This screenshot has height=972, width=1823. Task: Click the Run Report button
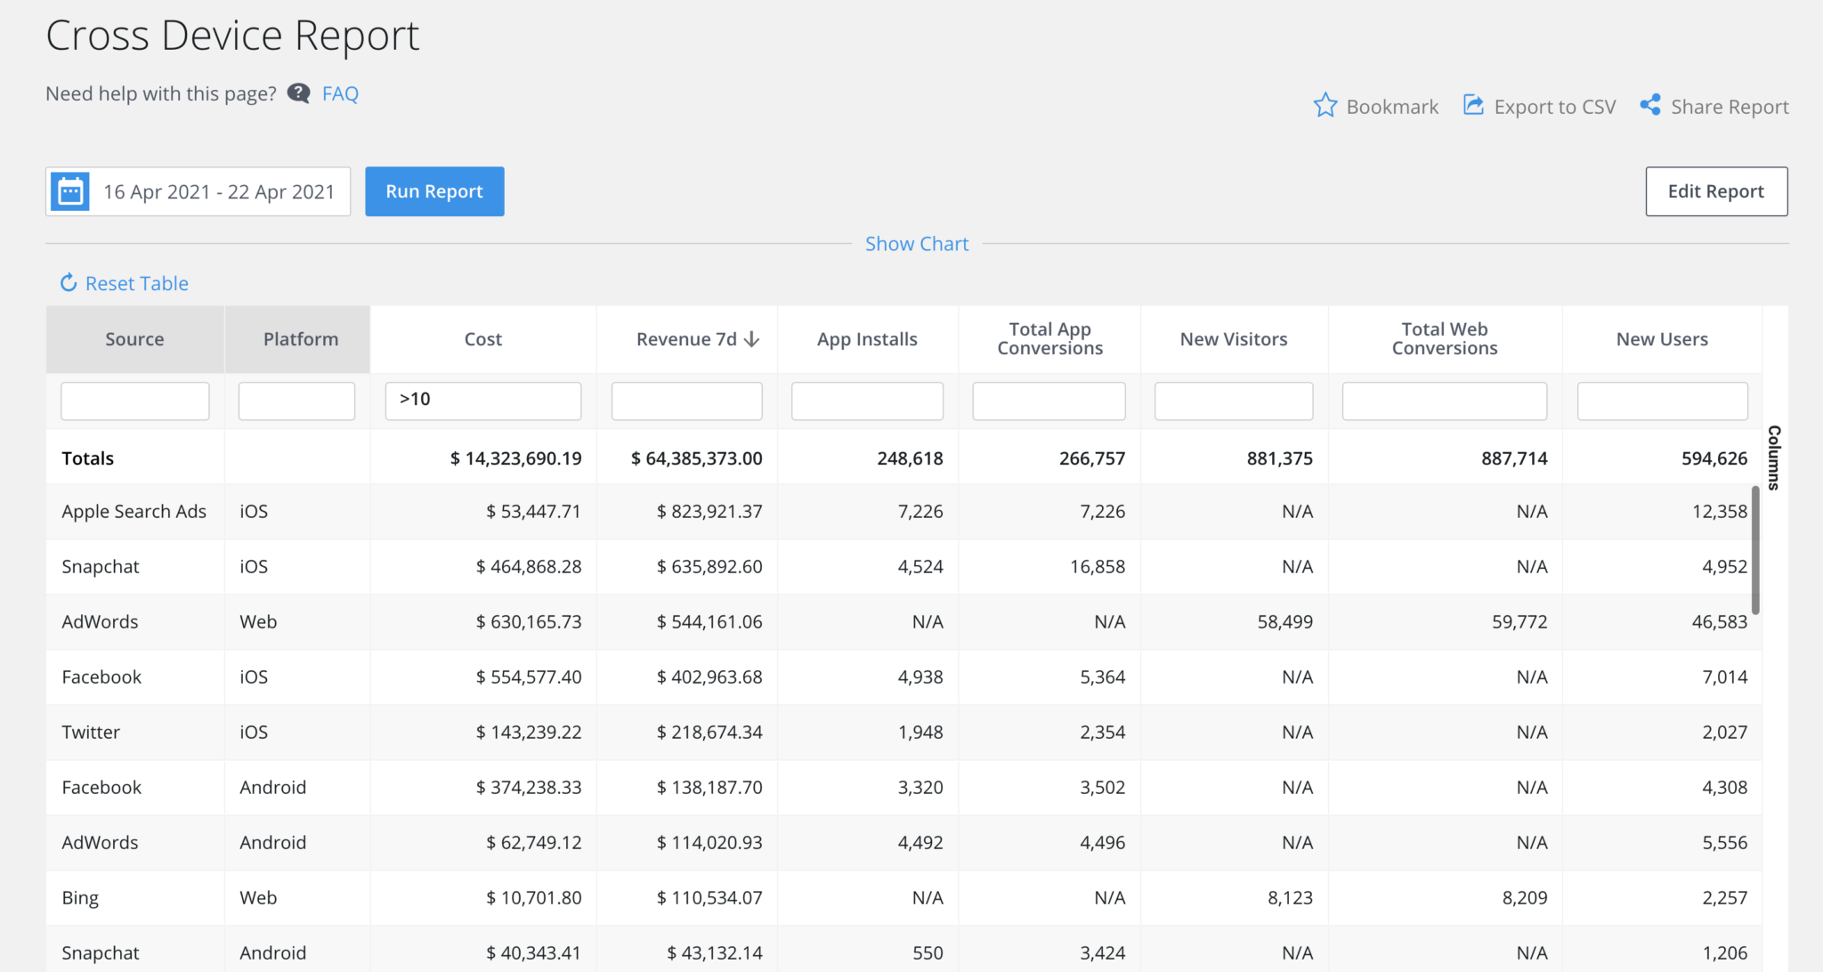(434, 191)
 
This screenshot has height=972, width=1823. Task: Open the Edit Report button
(1715, 191)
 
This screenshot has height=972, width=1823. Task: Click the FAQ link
(340, 93)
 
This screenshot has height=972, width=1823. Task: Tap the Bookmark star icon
(1325, 106)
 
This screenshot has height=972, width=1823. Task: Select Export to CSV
(1540, 107)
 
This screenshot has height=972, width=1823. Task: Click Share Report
(1715, 107)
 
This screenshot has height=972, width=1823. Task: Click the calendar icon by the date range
(70, 191)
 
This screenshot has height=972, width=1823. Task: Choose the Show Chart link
(917, 244)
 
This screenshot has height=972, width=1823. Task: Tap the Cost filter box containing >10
(483, 401)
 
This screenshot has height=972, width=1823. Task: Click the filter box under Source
(135, 401)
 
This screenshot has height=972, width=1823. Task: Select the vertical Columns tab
(1774, 458)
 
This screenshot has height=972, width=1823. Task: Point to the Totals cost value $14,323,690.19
(515, 458)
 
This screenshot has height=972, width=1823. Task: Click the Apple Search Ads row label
(134, 512)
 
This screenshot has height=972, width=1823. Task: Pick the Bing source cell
(80, 898)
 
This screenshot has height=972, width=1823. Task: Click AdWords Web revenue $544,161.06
(709, 622)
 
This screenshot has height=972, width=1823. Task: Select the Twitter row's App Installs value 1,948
(920, 733)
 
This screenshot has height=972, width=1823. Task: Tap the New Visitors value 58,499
(1284, 622)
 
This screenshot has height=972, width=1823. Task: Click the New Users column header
(1662, 339)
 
